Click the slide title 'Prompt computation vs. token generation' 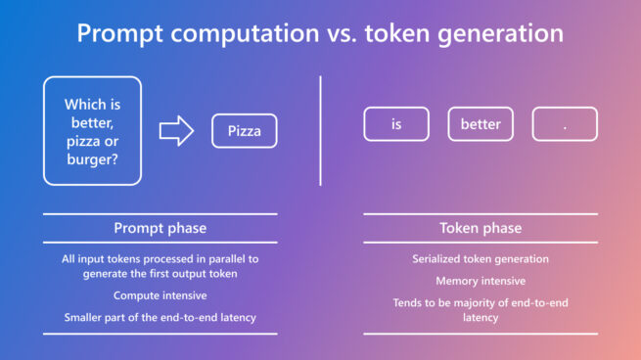tap(320, 33)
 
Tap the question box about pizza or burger tap(91, 130)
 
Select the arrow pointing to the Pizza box tap(175, 130)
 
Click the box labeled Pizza tap(245, 130)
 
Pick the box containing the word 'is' tap(396, 124)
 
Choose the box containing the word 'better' tap(481, 124)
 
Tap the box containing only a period tap(565, 124)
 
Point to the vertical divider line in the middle tap(321, 130)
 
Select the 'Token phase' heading tap(481, 228)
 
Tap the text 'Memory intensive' tap(481, 281)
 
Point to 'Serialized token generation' tap(481, 259)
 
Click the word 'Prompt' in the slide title tap(119, 33)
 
